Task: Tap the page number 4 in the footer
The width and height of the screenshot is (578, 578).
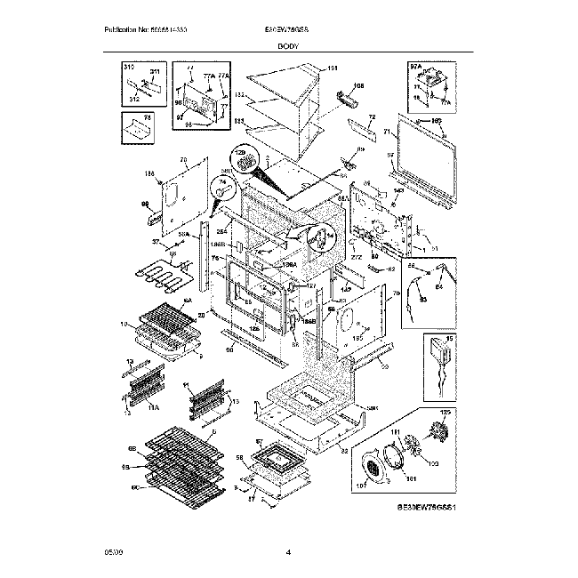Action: [x=289, y=554]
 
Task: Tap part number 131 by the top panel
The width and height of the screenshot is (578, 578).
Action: [x=333, y=68]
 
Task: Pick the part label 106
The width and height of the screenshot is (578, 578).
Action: [x=359, y=87]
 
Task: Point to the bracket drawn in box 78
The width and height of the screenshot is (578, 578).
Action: [x=139, y=130]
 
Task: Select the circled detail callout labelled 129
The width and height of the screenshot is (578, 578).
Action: [x=241, y=158]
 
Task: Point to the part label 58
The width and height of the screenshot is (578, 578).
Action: [x=239, y=457]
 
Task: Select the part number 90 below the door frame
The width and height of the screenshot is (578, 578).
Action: [x=229, y=351]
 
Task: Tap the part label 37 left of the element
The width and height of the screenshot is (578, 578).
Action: [x=156, y=242]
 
